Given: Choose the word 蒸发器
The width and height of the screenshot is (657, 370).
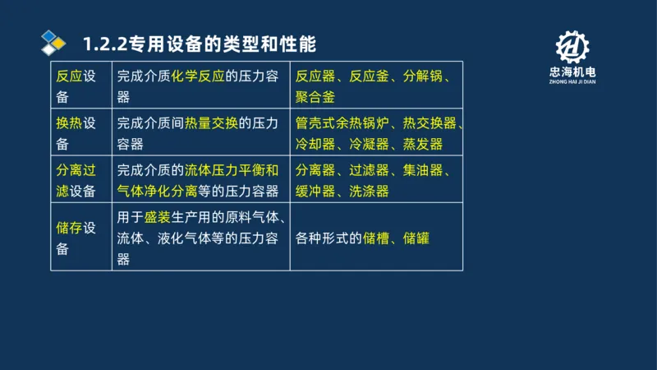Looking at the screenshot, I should (423, 144).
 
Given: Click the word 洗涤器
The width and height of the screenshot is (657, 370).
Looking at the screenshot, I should (369, 191).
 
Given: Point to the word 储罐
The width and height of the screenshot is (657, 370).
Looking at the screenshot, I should (416, 238).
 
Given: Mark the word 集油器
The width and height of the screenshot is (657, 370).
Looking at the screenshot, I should (423, 170).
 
